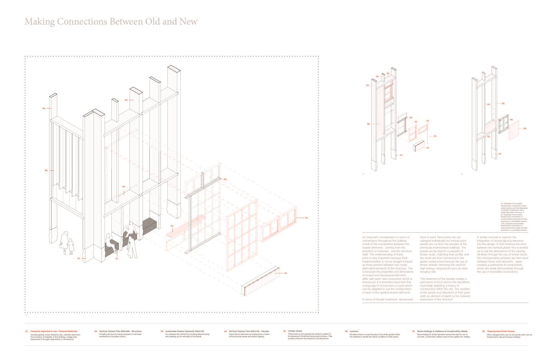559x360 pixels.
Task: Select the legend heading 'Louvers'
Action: pyautogui.click(x=354, y=331)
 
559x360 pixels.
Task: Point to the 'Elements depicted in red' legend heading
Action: pyautogui.click(x=54, y=331)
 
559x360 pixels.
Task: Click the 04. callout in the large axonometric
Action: pyautogui.click(x=44, y=108)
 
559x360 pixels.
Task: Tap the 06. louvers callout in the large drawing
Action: pyautogui.click(x=46, y=170)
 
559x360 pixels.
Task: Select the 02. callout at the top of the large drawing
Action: pyautogui.click(x=126, y=100)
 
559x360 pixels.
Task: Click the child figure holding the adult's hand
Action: pyautogui.click(x=71, y=246)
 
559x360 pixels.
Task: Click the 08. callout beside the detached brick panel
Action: pyautogui.click(x=525, y=129)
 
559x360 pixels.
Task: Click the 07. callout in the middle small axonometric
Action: pyautogui.click(x=401, y=155)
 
